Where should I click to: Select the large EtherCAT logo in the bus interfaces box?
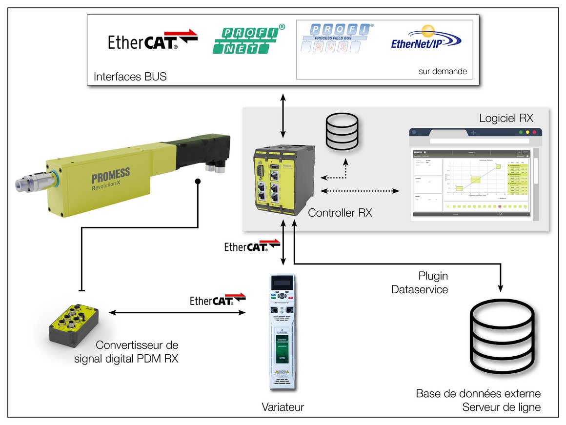(x=153, y=40)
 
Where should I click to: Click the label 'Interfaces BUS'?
(x=130, y=77)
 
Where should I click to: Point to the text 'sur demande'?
(x=442, y=71)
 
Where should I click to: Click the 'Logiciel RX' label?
(x=506, y=118)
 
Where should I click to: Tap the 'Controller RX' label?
(x=340, y=213)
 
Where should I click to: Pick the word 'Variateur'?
(x=283, y=407)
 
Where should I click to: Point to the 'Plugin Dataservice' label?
(x=420, y=283)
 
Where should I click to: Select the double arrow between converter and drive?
(x=177, y=313)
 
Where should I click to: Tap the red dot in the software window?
(x=534, y=132)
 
